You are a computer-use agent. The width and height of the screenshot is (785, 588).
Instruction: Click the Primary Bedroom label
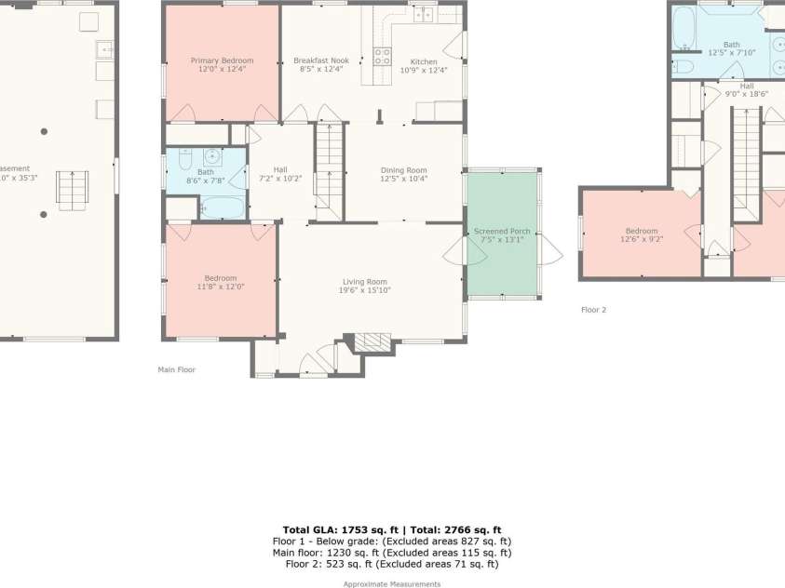tap(222, 60)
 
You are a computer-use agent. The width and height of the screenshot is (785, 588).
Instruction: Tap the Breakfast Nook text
tap(320, 60)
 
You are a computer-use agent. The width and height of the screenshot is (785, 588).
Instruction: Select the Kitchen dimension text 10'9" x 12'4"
tap(424, 70)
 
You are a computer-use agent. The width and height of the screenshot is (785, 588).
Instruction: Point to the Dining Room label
tap(403, 170)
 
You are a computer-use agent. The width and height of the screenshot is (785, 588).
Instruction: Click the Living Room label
tap(364, 282)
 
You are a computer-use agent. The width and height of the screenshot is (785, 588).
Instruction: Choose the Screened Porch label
tap(502, 231)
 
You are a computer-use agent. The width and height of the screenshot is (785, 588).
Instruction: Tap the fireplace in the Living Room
tap(372, 341)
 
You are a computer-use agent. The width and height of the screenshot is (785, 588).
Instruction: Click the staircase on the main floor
tap(329, 172)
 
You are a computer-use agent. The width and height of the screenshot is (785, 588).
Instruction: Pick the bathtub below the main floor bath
tap(223, 207)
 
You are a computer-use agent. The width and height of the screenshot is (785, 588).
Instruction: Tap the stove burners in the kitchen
tap(382, 56)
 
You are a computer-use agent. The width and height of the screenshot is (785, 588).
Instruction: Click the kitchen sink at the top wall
tap(425, 13)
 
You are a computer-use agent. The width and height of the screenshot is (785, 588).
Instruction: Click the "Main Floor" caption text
tap(176, 369)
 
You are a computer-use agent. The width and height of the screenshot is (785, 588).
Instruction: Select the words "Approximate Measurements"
tap(392, 584)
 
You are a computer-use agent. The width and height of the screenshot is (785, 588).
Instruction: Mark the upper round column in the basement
tap(44, 131)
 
